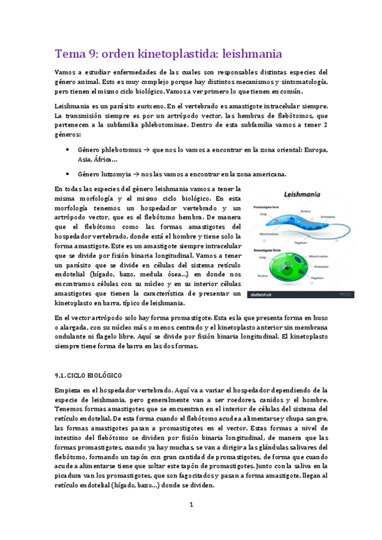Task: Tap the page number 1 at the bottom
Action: [x=191, y=506]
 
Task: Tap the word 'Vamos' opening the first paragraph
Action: [x=67, y=72]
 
